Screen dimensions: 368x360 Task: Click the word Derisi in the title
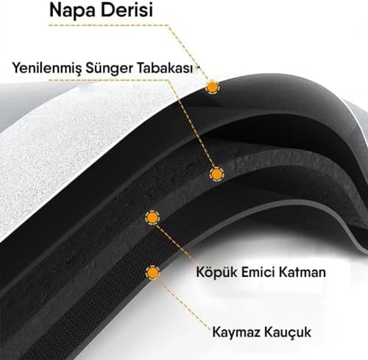124,10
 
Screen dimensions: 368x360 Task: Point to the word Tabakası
165,68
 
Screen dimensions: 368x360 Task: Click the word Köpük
216,272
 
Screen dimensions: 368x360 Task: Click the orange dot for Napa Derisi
212,87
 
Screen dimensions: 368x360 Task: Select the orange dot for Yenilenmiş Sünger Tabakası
216,174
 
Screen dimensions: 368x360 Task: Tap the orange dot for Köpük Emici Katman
152,217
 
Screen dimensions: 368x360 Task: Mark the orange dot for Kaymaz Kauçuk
152,272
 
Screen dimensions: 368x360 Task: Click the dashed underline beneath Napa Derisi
108,25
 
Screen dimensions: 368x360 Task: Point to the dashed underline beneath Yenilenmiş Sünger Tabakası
109,80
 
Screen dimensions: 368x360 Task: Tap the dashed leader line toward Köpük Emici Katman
174,242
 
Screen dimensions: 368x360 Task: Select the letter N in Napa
55,10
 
